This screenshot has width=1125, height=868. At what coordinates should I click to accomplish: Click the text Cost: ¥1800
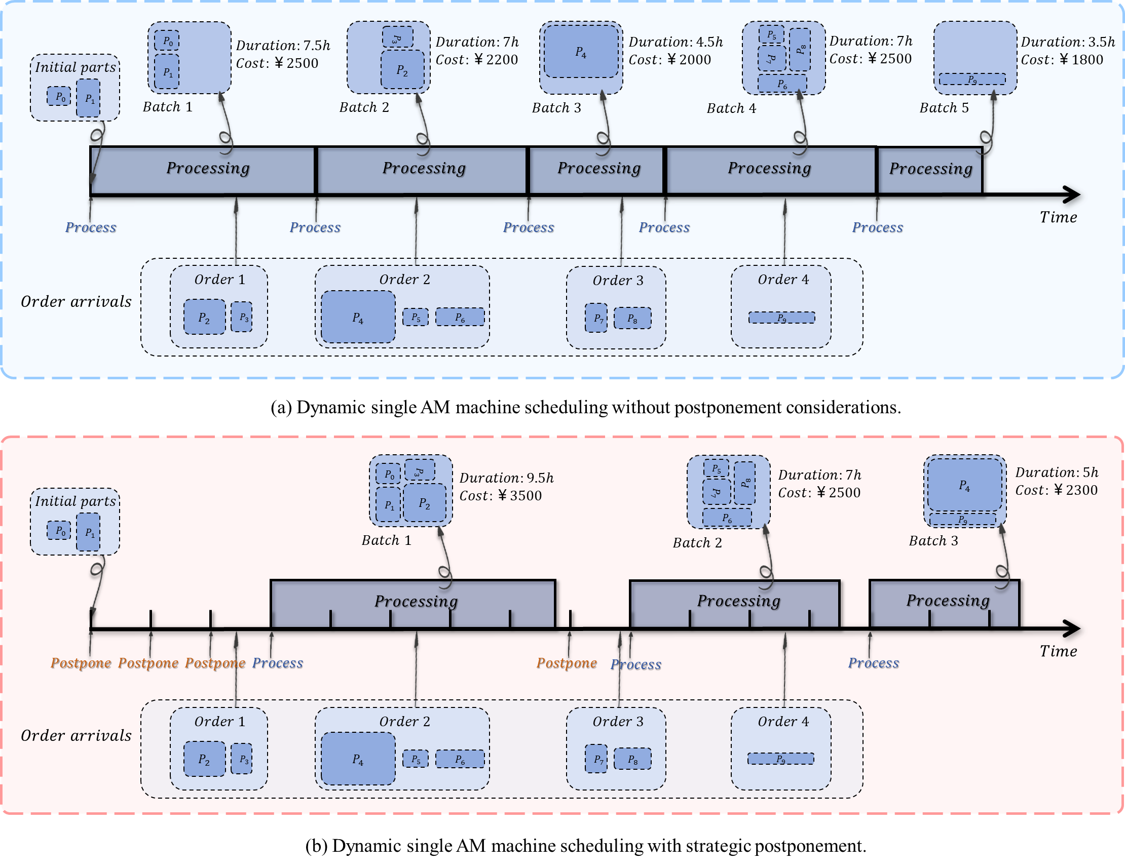coord(1062,60)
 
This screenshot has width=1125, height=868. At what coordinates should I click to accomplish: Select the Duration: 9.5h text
coord(506,478)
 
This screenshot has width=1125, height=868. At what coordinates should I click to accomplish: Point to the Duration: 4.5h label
coord(676,42)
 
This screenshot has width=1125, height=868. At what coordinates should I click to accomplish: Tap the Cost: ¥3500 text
coord(500,496)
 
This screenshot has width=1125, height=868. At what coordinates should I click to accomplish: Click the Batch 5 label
coord(944,107)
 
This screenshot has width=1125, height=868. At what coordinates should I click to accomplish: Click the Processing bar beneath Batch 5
coord(930,169)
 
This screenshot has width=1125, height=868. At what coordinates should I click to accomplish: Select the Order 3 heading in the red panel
coord(618,721)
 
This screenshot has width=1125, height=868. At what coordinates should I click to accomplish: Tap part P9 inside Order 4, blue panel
coord(781,318)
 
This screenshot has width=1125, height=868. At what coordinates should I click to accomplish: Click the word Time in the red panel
coord(1058,651)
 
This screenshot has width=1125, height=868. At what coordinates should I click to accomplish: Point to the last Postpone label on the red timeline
coord(567,663)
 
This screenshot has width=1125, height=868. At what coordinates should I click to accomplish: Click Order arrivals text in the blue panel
coord(76,301)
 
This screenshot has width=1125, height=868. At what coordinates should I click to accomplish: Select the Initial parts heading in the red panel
coord(75,501)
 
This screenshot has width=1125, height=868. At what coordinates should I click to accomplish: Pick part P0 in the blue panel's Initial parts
coord(59,96)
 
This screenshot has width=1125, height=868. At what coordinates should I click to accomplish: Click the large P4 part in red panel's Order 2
coord(358,759)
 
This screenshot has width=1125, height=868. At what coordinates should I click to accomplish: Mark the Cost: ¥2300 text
coord(1056,490)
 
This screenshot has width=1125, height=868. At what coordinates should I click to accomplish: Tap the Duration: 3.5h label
coord(1067,42)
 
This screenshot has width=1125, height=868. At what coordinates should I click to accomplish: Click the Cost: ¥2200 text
coord(476,60)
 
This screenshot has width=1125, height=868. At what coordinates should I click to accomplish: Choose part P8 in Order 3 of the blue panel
coord(632,318)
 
